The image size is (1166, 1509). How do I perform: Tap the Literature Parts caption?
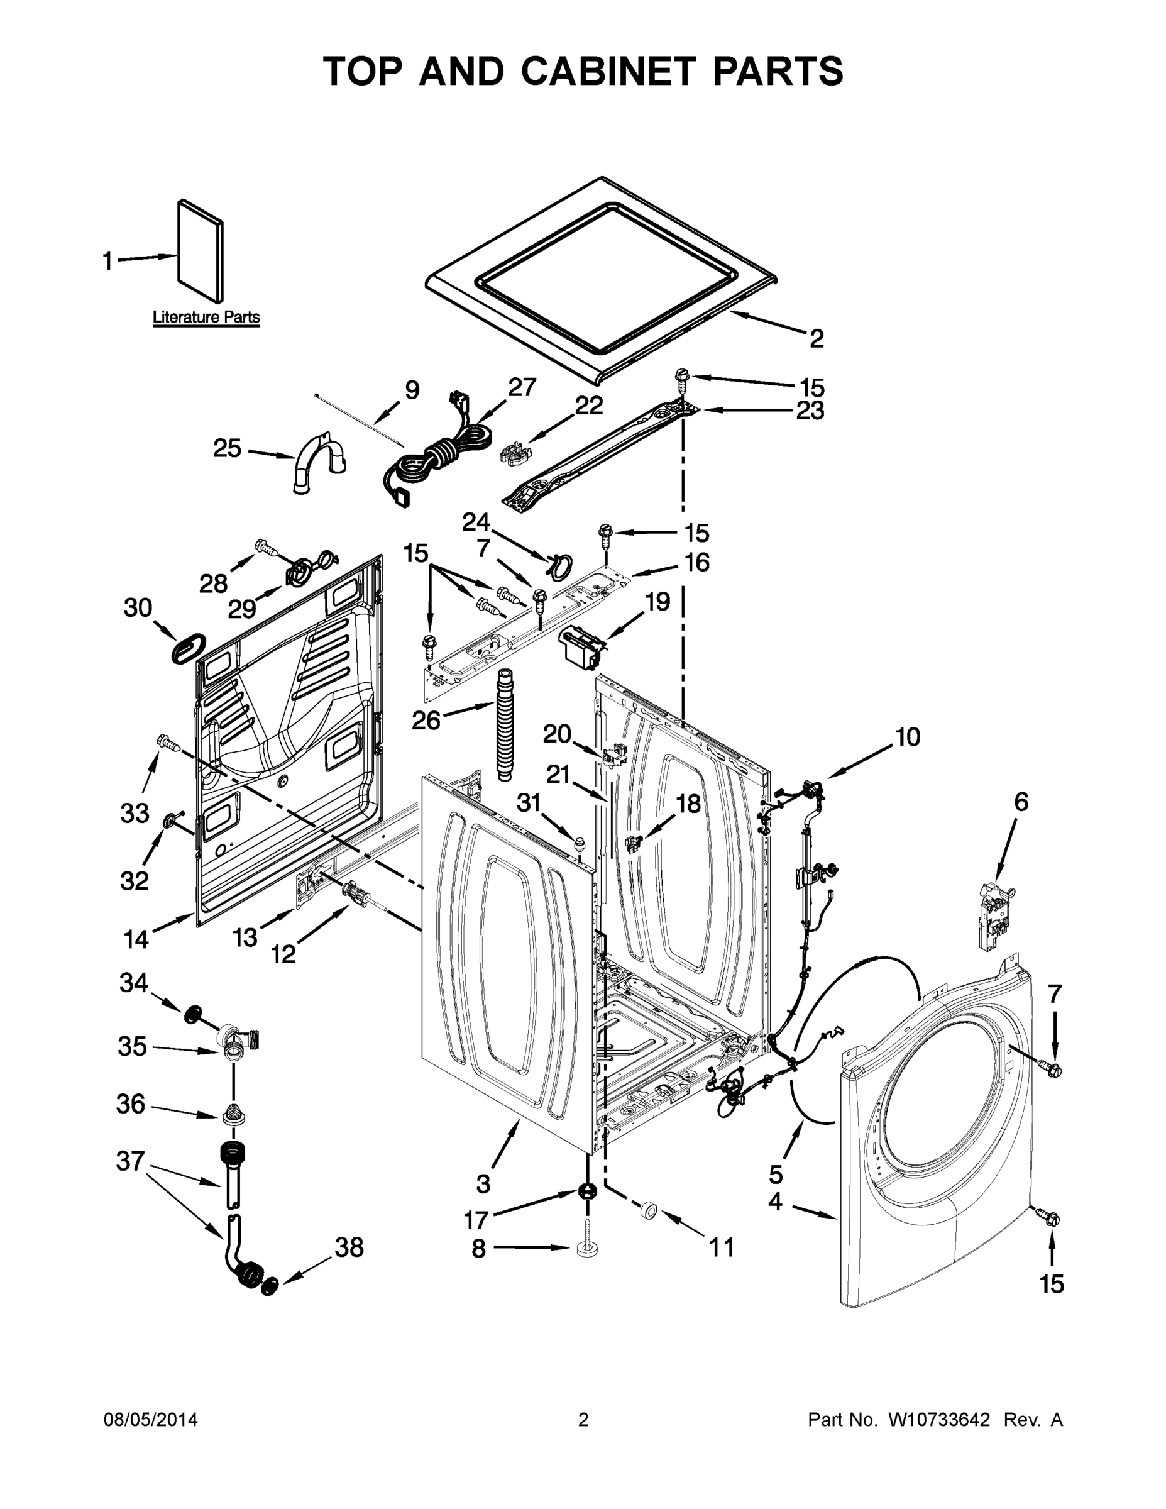tap(206, 317)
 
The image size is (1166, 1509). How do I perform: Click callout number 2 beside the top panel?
tap(817, 338)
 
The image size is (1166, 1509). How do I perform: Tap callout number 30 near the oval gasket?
tap(138, 608)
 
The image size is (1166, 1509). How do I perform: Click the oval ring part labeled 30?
tap(188, 648)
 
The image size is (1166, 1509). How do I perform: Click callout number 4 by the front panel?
tap(775, 1202)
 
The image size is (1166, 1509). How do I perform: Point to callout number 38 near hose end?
tap(349, 1248)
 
